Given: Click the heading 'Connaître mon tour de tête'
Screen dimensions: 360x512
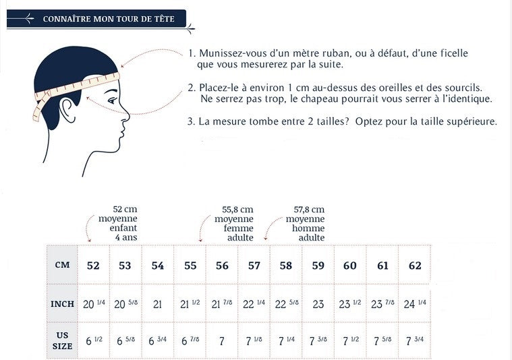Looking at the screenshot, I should point(109,19).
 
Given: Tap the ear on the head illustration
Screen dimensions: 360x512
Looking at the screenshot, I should point(67,107).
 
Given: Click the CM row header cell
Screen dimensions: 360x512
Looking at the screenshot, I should point(62,265).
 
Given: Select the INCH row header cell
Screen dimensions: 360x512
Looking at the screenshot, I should point(62,304).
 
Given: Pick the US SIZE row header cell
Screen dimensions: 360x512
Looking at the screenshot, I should point(62,340).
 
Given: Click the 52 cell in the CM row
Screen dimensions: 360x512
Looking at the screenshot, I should point(93,266).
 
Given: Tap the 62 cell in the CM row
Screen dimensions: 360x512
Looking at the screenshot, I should point(415,266).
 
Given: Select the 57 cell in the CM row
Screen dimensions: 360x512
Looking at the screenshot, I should point(254,266).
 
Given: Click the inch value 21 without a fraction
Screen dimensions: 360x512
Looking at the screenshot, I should point(157,305).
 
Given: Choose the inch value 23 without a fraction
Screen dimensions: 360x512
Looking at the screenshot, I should point(318,305).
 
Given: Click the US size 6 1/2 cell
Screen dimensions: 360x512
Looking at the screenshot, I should point(93,341).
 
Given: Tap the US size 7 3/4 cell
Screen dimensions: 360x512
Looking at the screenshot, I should point(414,341).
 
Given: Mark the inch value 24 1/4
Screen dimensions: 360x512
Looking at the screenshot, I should point(414,304).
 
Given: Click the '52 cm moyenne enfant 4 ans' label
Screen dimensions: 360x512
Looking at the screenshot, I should point(118,223).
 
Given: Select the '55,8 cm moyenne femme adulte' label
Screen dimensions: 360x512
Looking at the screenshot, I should point(235,223).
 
